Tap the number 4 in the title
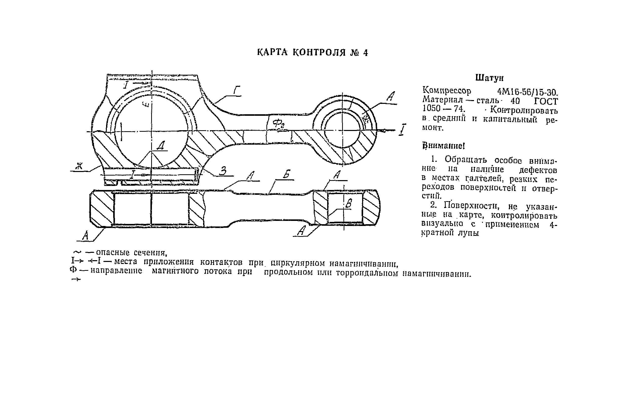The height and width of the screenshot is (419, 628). pos(365,53)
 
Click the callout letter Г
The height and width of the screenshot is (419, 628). pos(237,91)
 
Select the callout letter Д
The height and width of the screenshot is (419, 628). pos(161,146)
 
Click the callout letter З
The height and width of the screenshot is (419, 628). pos(223,171)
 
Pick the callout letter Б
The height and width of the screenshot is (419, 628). pos(286,174)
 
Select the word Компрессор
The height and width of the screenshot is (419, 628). pos(447,91)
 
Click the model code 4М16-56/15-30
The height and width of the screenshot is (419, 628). pos(527,92)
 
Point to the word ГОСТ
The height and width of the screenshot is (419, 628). pos(546,102)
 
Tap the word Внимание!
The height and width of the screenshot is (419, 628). pos(443,146)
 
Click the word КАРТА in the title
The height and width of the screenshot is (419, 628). pos(272,52)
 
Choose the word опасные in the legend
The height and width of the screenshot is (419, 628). pos(113,253)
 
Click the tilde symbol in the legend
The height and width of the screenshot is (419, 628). pos(77,252)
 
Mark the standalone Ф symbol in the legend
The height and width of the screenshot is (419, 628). pos(73,270)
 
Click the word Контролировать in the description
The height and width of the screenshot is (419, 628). pos(524,110)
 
